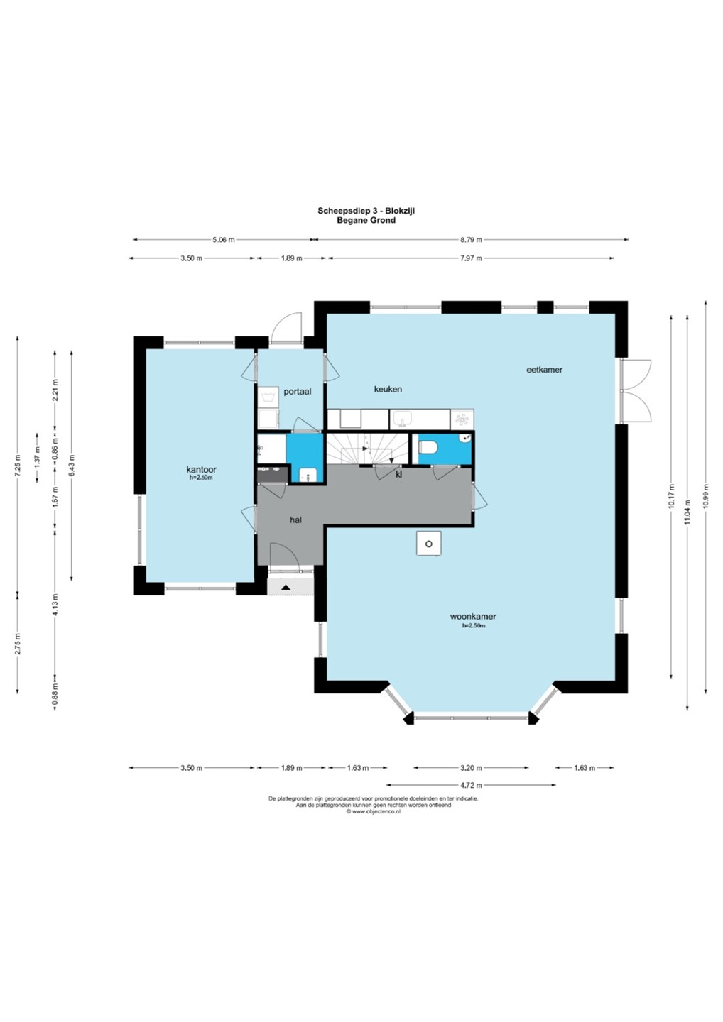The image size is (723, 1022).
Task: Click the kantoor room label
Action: [x=201, y=469]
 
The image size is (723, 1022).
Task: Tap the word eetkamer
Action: [x=544, y=370]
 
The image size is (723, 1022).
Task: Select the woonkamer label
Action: [x=473, y=616]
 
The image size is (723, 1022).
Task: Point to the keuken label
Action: [x=388, y=389]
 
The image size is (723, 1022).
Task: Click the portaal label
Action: [x=298, y=392]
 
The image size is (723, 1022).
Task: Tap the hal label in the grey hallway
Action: [x=295, y=520]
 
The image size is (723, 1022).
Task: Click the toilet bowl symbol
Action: [x=428, y=446]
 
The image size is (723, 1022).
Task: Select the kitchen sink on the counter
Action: [x=403, y=419]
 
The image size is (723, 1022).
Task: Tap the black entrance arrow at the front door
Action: [x=286, y=588]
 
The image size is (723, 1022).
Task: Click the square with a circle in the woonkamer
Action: [x=428, y=544]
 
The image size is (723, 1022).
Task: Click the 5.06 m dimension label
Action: [x=224, y=240]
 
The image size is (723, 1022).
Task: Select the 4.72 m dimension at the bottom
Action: [x=472, y=785]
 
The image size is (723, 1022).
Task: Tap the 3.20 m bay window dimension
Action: [x=472, y=768]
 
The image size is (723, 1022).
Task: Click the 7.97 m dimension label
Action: [x=472, y=258]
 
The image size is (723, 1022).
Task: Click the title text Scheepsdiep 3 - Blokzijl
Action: [x=366, y=211]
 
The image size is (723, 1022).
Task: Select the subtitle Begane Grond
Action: [x=366, y=220]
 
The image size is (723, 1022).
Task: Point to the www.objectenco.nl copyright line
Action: [x=373, y=812]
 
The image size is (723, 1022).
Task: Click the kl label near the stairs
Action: [x=398, y=475]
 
